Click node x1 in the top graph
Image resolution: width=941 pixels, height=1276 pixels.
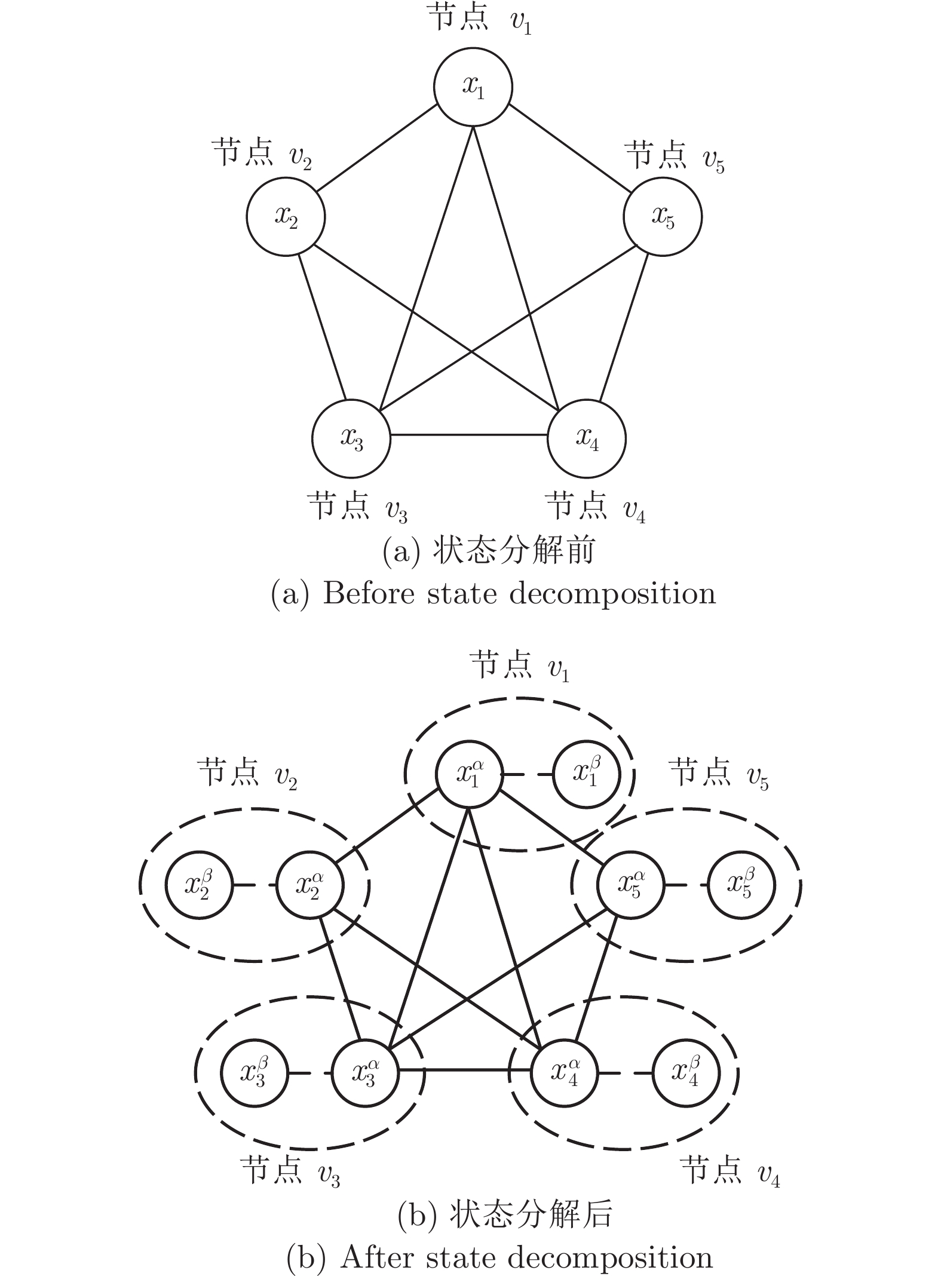[x=473, y=88]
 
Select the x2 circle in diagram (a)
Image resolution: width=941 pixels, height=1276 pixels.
[x=286, y=216]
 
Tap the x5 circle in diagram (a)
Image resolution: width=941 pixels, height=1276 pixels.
[x=663, y=216]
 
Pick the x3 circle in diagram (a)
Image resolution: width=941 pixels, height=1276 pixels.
[x=351, y=439]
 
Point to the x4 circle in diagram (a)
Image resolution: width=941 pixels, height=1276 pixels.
[x=587, y=439]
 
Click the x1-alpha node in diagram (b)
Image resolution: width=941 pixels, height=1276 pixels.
[x=469, y=775]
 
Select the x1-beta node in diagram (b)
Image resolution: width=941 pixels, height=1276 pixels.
[x=587, y=775]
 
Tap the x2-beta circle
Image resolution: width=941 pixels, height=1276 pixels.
[x=199, y=885]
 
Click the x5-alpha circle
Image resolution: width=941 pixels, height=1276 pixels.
[x=631, y=885]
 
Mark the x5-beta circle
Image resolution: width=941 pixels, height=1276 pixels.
[x=741, y=885]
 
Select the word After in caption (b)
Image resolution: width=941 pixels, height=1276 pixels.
[x=369, y=1258]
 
